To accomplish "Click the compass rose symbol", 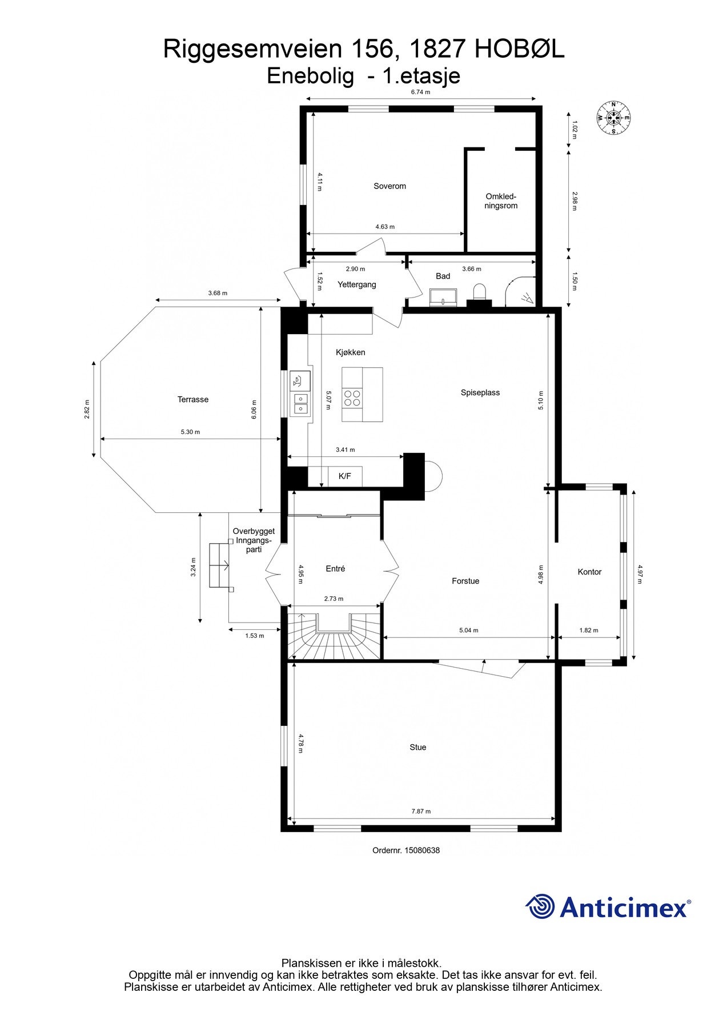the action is coord(613,118).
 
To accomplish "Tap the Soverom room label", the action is coord(389,186).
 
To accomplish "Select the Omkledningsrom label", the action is coord(501,201).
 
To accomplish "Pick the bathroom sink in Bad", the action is coord(443,296).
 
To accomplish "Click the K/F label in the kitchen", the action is coord(345,476).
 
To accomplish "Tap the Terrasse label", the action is coord(193,400).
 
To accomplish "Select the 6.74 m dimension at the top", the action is coord(420,92).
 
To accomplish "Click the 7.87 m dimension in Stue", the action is coord(421,811).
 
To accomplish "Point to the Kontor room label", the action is coord(589,572).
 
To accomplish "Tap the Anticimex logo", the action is coord(608,907).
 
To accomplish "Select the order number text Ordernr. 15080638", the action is coord(406,850).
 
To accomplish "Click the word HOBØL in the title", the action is coord(520,50).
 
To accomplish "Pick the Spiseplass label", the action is coord(480,393).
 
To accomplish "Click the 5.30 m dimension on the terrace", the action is coord(190,432).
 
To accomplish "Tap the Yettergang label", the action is coord(356,284).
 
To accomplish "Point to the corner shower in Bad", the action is coord(521,291).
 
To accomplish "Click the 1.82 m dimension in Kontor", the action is coord(589,631).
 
